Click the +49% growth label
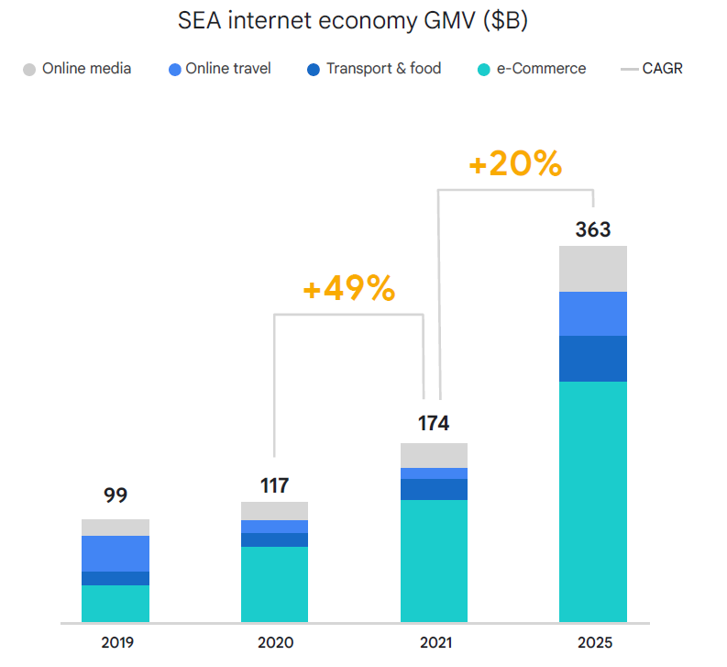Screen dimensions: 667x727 349,290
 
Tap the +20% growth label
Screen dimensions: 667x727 515,164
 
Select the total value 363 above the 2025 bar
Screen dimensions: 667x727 593,229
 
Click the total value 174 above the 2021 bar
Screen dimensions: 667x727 434,424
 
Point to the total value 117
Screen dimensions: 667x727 274,484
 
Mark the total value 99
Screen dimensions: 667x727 116,496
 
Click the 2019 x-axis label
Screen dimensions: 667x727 116,643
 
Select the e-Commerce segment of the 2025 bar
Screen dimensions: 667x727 593,500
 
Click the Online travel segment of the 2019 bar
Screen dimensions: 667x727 116,553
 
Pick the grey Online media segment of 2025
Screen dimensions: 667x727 593,269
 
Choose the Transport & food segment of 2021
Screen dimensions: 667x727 434,489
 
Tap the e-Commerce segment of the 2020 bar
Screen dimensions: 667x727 274,584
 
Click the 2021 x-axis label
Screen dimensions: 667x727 434,643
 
